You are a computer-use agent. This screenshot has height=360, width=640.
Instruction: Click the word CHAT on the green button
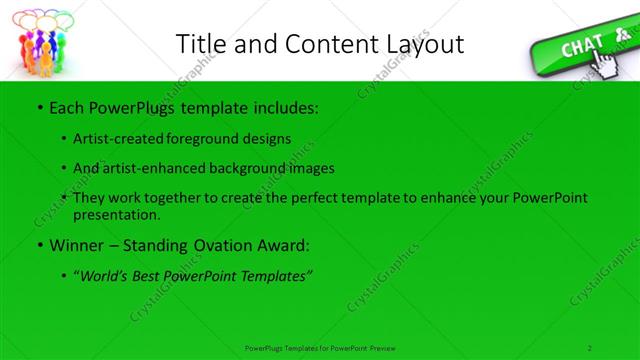point(581,47)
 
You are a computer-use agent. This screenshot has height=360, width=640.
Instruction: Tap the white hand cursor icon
point(608,63)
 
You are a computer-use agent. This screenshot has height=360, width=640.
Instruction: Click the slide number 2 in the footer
point(591,347)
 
